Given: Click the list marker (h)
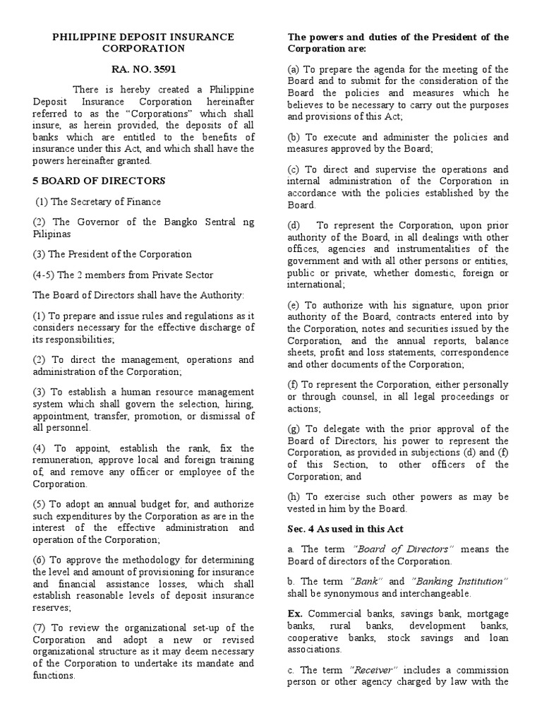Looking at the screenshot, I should [294, 496].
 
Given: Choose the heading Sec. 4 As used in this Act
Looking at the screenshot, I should [344, 529].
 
